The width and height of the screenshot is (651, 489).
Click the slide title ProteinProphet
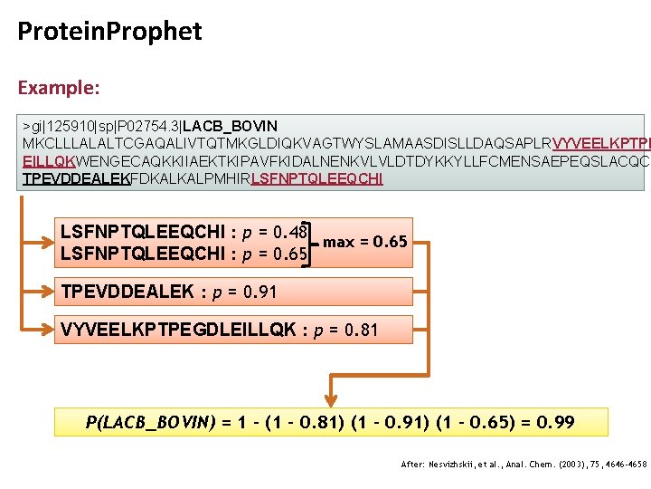pos(109,33)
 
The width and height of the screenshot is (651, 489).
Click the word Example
pos(58,89)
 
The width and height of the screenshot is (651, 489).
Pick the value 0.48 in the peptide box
pos(289,231)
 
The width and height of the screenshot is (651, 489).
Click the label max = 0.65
pos(365,242)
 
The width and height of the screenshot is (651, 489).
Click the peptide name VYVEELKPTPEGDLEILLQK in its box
pos(178,330)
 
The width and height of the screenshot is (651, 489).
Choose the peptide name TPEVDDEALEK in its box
pos(127,292)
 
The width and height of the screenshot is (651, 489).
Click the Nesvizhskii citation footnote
pos(524,464)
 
